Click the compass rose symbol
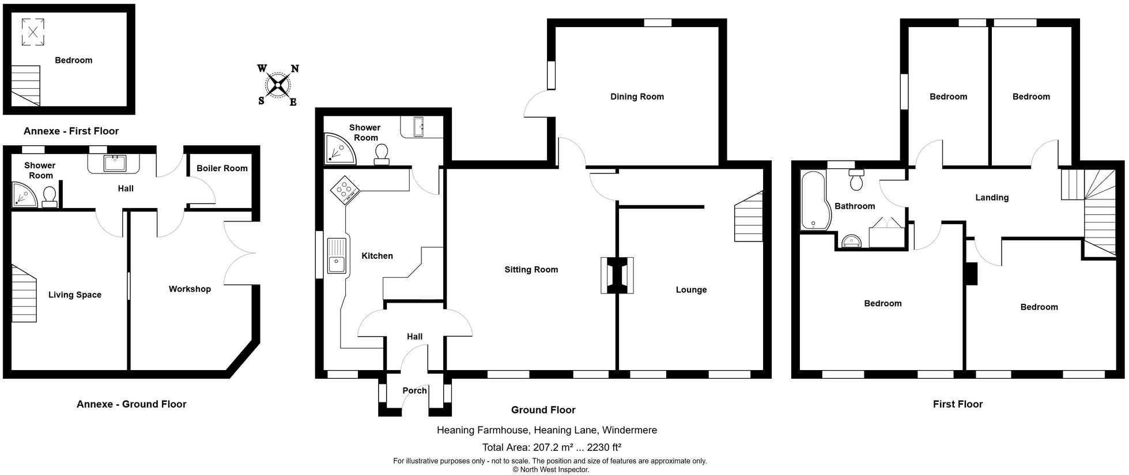(x=278, y=85)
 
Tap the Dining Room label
(x=637, y=97)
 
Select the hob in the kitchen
(x=345, y=190)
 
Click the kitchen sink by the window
(x=337, y=255)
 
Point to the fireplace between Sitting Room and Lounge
(x=617, y=276)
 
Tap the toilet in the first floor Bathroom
(x=856, y=180)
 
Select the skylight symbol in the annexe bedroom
(x=33, y=32)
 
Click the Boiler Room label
(x=222, y=168)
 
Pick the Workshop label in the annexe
(x=190, y=289)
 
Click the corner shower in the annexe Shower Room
(x=24, y=195)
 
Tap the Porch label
(x=414, y=391)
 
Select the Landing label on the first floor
(x=992, y=198)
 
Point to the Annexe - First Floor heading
(x=71, y=131)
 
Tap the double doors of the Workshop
(x=239, y=252)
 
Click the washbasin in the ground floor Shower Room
(x=418, y=127)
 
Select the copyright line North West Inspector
(x=550, y=469)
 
